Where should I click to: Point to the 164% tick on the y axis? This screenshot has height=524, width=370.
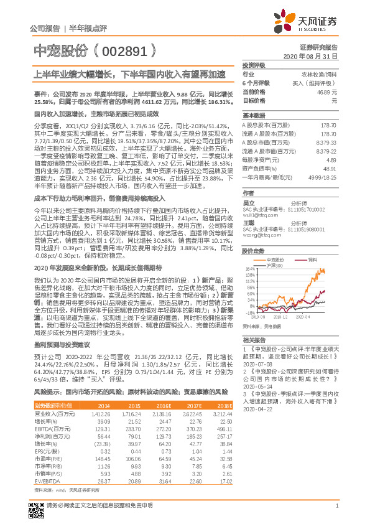pyautogui.click(x=251, y=269)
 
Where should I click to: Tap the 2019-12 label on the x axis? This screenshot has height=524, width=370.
pyautogui.click(x=281, y=317)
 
